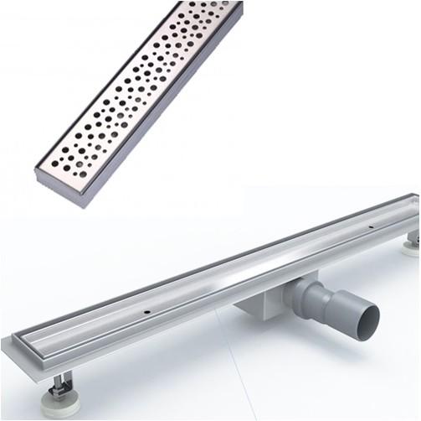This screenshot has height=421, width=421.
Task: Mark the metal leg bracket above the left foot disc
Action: click(x=61, y=387)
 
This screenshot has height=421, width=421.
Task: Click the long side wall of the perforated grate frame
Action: click(x=167, y=126)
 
